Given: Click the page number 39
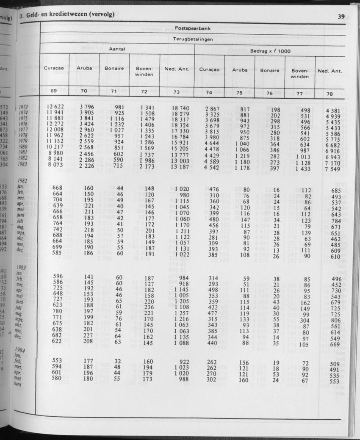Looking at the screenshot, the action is [x=341, y=17].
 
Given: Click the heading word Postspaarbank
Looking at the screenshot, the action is [x=193, y=28].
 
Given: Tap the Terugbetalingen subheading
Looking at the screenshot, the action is [x=193, y=39].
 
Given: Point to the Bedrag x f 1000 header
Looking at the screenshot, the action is [x=267, y=51].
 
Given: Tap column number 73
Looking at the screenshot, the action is [x=176, y=92].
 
